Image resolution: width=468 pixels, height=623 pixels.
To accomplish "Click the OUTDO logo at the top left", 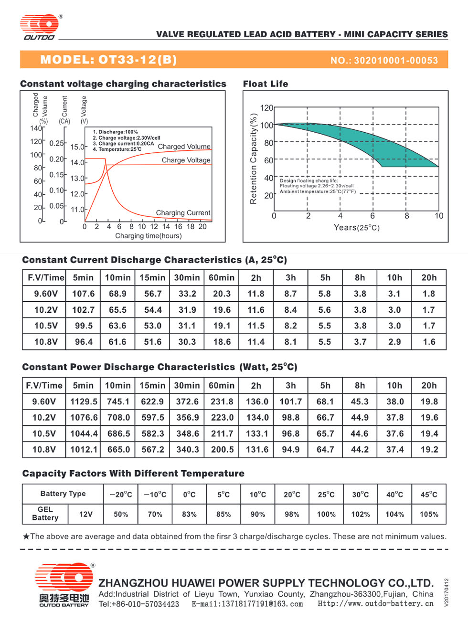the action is click(x=40, y=27).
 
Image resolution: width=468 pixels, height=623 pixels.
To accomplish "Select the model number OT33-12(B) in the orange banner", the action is click(x=138, y=60).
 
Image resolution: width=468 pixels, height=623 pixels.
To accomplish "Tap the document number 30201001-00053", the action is click(x=396, y=60).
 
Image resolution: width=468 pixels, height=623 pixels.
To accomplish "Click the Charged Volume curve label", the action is click(x=184, y=147).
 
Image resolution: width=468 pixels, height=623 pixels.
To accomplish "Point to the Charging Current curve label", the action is click(x=183, y=212).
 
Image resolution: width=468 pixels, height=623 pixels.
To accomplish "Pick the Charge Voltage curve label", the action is click(x=186, y=160).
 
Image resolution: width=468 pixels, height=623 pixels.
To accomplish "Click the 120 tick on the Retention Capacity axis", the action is click(x=266, y=108).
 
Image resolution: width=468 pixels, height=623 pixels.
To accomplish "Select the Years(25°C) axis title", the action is click(x=356, y=227).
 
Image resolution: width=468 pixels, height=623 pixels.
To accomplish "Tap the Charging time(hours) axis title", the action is click(x=148, y=235).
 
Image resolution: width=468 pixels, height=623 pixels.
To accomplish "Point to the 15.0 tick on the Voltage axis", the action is click(x=77, y=147).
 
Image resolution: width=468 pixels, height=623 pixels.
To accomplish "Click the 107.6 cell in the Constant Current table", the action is click(x=83, y=294).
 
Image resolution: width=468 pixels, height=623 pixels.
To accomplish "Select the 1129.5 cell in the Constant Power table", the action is click(x=84, y=401).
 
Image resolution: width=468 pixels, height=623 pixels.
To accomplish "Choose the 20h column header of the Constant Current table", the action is click(x=429, y=277).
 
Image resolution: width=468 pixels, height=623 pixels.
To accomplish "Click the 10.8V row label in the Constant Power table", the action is click(x=44, y=449).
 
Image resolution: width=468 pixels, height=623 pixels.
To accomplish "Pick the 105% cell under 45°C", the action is click(x=429, y=514).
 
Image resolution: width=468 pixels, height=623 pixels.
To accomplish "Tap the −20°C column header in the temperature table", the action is click(x=121, y=495).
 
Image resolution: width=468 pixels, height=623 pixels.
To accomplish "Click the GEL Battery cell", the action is click(x=45, y=514).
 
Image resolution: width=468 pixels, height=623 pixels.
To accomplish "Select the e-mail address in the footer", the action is click(x=247, y=604).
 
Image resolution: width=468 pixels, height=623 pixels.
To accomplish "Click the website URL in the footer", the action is click(x=375, y=603).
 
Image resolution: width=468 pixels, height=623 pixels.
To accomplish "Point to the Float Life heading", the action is click(x=266, y=84).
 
